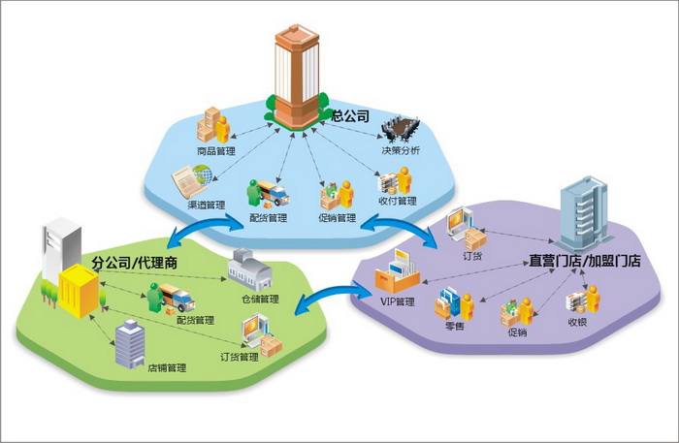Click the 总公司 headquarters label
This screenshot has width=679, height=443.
click(351, 115)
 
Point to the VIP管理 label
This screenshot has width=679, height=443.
click(397, 302)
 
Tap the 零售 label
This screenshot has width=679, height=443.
click(456, 327)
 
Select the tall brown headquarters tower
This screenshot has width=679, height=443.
click(295, 73)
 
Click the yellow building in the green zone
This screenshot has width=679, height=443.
click(79, 291)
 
